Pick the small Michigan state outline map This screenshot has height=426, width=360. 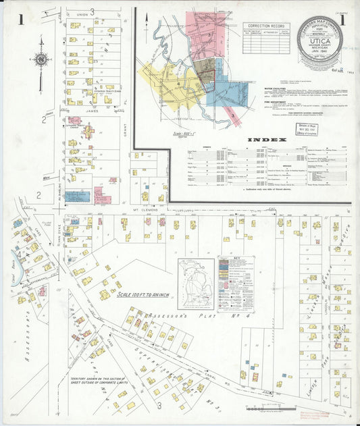pyautogui.click(x=196, y=284)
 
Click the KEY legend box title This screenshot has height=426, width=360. pyautogui.click(x=236, y=259)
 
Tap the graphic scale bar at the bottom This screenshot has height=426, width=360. pyautogui.click(x=265, y=408)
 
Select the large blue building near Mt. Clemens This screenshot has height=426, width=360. pyautogui.click(x=77, y=196)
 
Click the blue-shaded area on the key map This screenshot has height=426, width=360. pyautogui.click(x=223, y=91)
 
